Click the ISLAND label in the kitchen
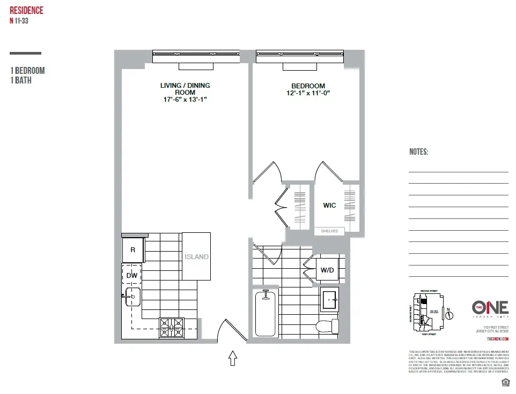pos(196,257)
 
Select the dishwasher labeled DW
pos(132,275)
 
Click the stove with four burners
pos(172,327)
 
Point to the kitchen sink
pos(133,296)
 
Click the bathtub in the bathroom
pos(264,314)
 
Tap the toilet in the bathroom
pos(327,325)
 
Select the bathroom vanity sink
pos(329,299)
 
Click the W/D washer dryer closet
pos(327,270)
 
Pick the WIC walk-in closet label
pos(329,206)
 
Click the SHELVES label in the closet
pos(329,231)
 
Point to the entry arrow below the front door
pos(233,358)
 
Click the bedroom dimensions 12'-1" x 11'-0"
pos(308,93)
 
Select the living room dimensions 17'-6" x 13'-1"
pos(185,99)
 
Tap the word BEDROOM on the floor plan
pos(308,86)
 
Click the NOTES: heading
pos(418,152)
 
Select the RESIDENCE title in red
pos(26,11)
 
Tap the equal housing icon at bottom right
pos(504,382)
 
